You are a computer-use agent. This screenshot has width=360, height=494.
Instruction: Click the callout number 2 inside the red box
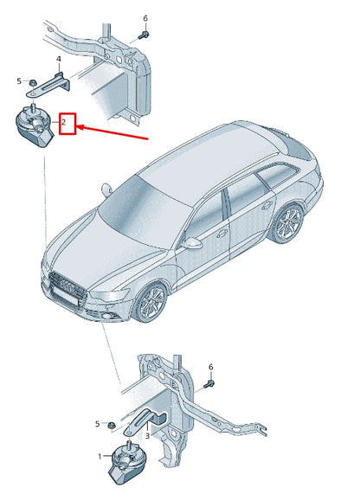[63, 122]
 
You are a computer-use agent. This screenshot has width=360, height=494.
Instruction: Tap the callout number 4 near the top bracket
[59, 59]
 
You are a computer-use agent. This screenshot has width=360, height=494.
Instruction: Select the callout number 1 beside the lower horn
[100, 456]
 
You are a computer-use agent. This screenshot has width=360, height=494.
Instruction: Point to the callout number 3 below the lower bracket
[147, 436]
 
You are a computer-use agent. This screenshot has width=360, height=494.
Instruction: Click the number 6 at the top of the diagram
[145, 18]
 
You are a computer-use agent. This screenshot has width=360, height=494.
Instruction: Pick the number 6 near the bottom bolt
[210, 367]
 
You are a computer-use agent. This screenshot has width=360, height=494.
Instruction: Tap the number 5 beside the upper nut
[19, 81]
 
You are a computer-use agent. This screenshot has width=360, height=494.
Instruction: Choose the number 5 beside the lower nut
[98, 424]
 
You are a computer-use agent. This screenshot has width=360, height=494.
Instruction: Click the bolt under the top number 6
[144, 35]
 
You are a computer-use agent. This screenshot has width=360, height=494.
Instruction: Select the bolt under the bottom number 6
[209, 384]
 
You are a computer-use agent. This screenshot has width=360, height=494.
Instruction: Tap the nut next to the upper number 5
[33, 83]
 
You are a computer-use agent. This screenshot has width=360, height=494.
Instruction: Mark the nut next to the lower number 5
[111, 426]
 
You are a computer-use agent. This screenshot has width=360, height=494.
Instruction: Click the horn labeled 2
[34, 126]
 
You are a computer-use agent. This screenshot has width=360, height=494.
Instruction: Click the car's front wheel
[151, 303]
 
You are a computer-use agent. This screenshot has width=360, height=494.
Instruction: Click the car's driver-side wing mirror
[192, 243]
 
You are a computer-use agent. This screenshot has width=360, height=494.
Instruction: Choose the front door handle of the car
[222, 233]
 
